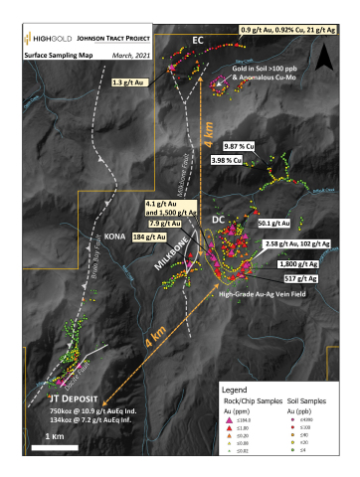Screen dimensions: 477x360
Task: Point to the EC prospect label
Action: (x=198, y=40)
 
